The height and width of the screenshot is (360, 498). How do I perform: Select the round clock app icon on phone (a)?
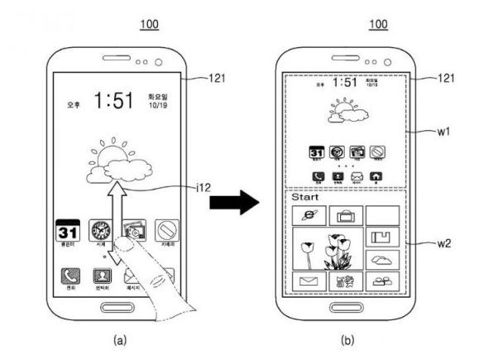coord(101,230)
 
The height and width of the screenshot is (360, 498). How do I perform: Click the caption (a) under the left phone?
coord(117,339)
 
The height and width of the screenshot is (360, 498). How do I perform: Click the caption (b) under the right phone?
coord(346,339)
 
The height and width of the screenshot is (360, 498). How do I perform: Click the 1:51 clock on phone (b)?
coord(345,83)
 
